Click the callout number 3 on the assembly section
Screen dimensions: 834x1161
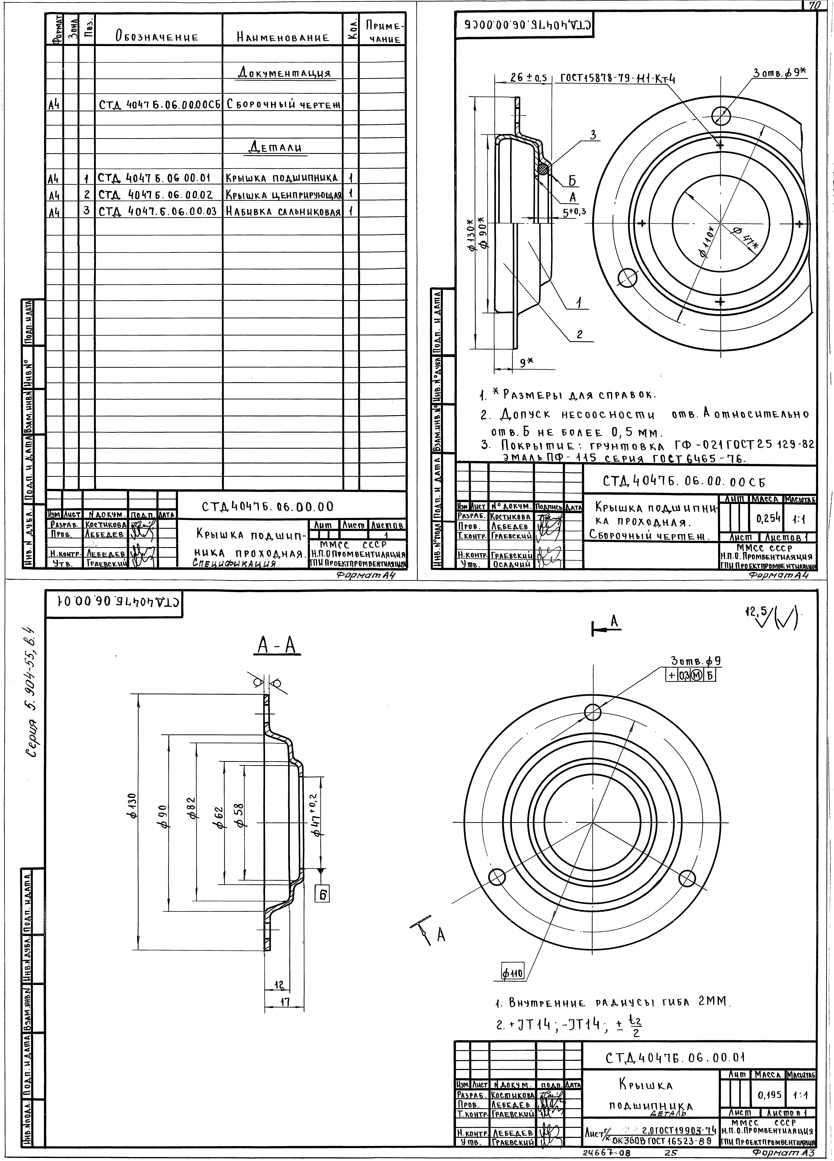pos(593,135)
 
